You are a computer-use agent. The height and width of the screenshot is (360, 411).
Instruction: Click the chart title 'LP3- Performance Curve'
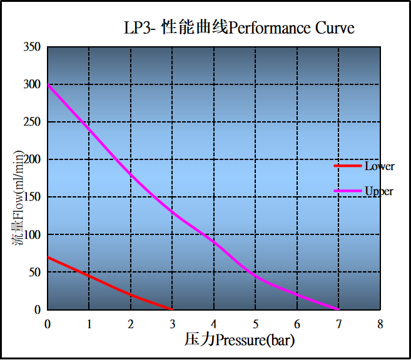point(239,28)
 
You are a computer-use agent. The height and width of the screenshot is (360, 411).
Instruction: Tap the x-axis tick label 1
point(89,324)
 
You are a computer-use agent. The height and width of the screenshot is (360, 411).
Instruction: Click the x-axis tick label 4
point(213,324)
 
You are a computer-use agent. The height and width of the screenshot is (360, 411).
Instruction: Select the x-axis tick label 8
point(380,324)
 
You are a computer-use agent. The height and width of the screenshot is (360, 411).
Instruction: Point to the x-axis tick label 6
point(297,324)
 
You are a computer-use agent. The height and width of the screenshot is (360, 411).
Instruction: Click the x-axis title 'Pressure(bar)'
point(240,341)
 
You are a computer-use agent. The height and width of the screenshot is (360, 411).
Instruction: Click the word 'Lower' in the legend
point(380,166)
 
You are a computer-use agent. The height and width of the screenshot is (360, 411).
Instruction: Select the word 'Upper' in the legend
point(379,191)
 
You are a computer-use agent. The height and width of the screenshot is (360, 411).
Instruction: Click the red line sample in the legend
point(348,166)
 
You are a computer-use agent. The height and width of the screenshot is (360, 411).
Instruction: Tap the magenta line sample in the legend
point(348,191)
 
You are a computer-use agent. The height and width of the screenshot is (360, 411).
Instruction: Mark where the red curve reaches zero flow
point(172,309)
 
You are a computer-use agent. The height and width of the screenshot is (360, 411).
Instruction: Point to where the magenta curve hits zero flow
point(338,309)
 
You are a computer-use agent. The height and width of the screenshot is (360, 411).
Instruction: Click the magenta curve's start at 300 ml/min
point(48,84)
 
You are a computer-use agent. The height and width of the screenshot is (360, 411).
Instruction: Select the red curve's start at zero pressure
point(48,257)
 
